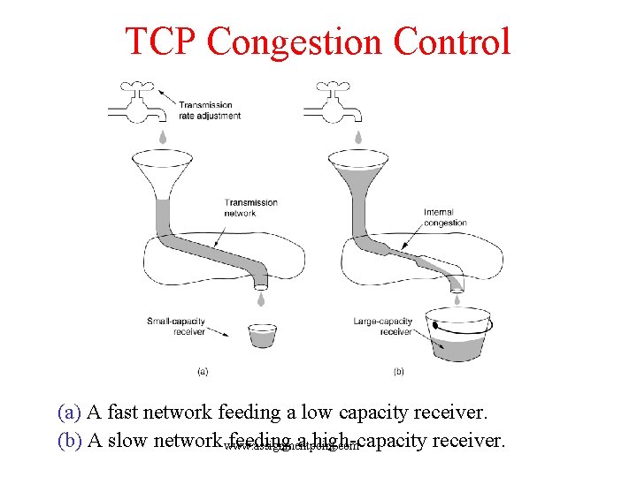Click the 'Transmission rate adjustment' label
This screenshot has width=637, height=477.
click(210, 110)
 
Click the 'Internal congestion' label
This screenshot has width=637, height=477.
click(445, 217)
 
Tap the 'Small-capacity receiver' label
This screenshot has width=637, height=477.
click(176, 326)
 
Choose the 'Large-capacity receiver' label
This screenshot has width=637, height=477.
click(382, 326)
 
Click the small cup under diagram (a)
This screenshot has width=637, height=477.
click(262, 336)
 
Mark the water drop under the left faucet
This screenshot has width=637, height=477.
click(163, 137)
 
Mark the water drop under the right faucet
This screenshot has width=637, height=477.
click(358, 137)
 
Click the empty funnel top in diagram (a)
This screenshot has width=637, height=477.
click(162, 164)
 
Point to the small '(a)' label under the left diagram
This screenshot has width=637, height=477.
click(203, 372)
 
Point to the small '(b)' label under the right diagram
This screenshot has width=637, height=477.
click(398, 372)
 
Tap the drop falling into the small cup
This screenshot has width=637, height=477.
click(261, 301)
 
